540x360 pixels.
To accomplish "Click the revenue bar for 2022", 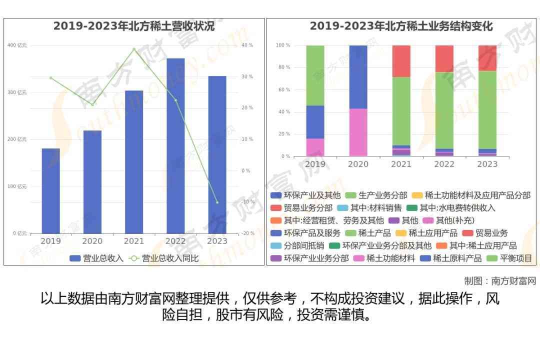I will pos(175,145).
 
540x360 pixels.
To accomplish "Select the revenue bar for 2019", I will pos(50,190).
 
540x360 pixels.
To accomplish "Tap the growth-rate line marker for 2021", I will pos(134,49).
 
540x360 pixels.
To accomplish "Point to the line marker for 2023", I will pos(217,202).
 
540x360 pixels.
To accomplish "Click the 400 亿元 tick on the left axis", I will pos(17,45).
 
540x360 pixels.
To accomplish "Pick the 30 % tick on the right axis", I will pos(247,76).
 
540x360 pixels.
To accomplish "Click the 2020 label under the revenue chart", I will pos(92,241).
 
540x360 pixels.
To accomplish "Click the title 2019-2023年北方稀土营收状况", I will pos(134,26).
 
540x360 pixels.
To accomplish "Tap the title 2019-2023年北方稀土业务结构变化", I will pos(401,26).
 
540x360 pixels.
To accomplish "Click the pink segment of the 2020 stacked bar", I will pos(357,132).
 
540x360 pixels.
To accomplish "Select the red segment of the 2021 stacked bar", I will pos(401,61).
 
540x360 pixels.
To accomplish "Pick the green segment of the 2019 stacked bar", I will pos(315,75).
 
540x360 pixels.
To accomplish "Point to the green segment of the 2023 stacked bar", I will pos(487,109).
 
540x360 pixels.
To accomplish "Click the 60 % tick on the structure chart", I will pos(284,90).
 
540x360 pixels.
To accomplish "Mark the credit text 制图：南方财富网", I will pos(499,281).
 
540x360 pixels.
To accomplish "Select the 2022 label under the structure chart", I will pos(444,164).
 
